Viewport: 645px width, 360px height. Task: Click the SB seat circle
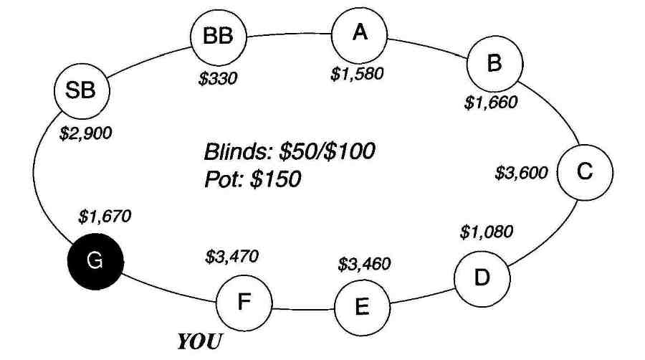pyautogui.click(x=82, y=91)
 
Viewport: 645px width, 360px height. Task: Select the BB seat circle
pyautogui.click(x=219, y=37)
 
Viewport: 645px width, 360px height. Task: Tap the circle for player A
pyautogui.click(x=360, y=34)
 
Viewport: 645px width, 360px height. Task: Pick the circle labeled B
pyautogui.click(x=494, y=64)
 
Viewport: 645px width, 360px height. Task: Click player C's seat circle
pyautogui.click(x=585, y=172)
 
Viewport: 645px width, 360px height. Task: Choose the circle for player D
pyautogui.click(x=482, y=278)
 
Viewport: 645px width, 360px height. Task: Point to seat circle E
pyautogui.click(x=363, y=308)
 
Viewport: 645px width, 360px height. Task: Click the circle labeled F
pyautogui.click(x=244, y=303)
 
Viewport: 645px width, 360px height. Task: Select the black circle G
pyautogui.click(x=95, y=261)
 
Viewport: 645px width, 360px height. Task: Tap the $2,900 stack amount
pyautogui.click(x=85, y=133)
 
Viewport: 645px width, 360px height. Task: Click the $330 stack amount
pyautogui.click(x=218, y=78)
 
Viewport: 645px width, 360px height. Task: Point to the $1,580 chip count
pyautogui.click(x=357, y=74)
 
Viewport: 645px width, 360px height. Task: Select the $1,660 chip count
pyautogui.click(x=491, y=102)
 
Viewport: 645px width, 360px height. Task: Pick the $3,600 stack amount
pyautogui.click(x=521, y=173)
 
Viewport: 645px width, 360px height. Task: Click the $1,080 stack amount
pyautogui.click(x=486, y=232)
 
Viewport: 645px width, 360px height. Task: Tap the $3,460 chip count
pyautogui.click(x=364, y=264)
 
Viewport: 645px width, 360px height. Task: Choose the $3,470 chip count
pyautogui.click(x=231, y=257)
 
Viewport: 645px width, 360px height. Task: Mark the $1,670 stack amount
pyautogui.click(x=105, y=217)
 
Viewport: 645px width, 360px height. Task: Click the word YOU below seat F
pyautogui.click(x=199, y=341)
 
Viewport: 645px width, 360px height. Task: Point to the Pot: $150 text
pyautogui.click(x=252, y=179)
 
